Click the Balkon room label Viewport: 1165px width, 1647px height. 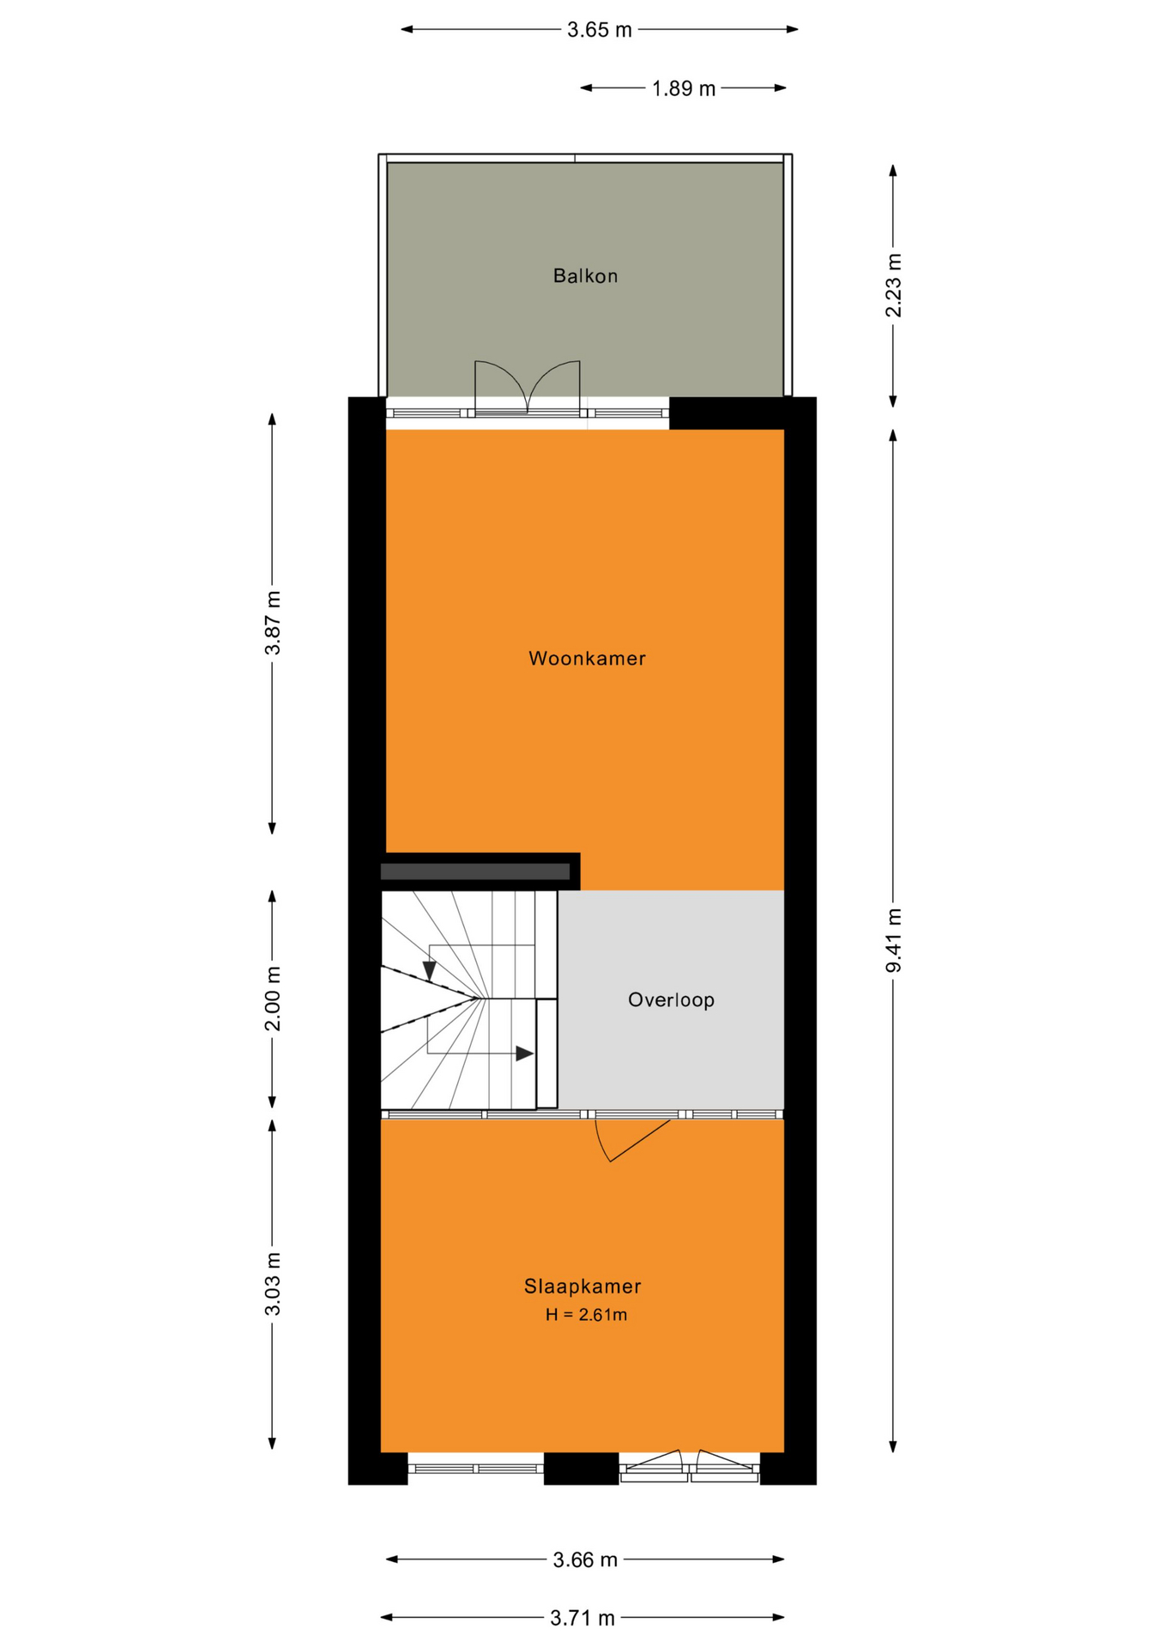(x=585, y=276)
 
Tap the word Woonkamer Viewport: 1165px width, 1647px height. (x=587, y=659)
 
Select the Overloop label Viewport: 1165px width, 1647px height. (x=671, y=1000)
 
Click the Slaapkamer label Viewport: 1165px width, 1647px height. (x=582, y=1287)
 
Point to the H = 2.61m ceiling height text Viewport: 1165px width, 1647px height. (x=586, y=1315)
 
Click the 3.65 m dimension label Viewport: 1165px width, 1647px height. (x=600, y=31)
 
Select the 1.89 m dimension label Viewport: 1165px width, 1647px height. (x=684, y=88)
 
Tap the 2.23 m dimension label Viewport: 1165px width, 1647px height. (x=894, y=286)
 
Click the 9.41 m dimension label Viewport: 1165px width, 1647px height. (x=894, y=941)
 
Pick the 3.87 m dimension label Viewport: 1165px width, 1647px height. (x=273, y=624)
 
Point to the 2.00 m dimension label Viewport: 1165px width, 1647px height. (x=273, y=999)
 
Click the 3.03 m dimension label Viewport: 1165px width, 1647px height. (x=273, y=1284)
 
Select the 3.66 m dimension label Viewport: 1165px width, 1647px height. (x=585, y=1560)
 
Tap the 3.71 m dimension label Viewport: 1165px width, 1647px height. (x=582, y=1619)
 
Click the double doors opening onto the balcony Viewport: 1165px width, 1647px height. (x=528, y=388)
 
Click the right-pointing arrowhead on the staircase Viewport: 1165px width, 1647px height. (x=524, y=1054)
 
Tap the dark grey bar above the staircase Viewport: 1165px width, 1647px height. (x=475, y=872)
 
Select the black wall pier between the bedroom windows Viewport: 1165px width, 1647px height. (x=582, y=1469)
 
